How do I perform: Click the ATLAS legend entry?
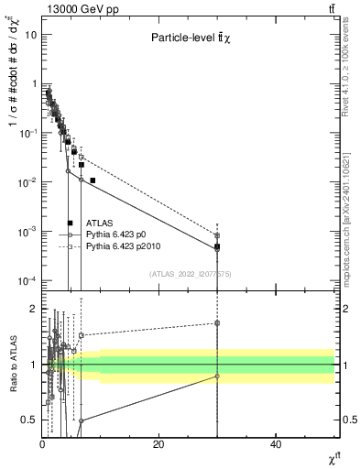(x=98, y=223)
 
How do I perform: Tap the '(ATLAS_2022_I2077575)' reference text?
(x=190, y=274)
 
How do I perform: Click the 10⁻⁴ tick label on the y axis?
(x=27, y=280)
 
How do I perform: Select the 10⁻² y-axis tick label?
(x=27, y=181)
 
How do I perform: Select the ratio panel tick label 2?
(x=34, y=309)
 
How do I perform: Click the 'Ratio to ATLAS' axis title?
(x=12, y=364)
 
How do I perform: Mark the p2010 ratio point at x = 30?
(x=217, y=322)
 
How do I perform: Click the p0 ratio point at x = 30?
(x=217, y=376)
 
